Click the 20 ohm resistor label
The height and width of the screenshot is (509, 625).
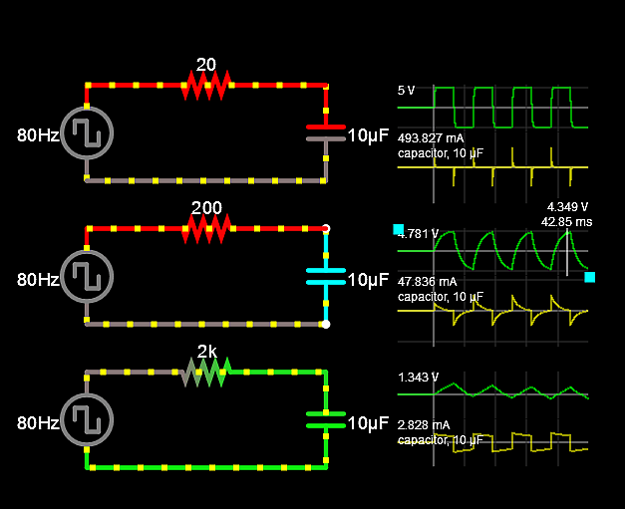pyautogui.click(x=206, y=65)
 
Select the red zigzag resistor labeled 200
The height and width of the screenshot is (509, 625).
pyautogui.click(x=206, y=229)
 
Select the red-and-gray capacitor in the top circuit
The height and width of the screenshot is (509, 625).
pyautogui.click(x=326, y=132)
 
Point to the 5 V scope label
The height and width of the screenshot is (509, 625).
pyautogui.click(x=407, y=91)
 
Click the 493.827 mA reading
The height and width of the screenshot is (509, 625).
pyautogui.click(x=431, y=137)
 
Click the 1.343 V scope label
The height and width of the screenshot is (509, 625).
pyautogui.click(x=419, y=378)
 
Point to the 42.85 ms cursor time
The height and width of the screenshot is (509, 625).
pyautogui.click(x=565, y=221)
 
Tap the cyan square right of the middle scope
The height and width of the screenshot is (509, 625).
pyautogui.click(x=589, y=277)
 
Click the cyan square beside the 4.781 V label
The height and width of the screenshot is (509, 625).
pyautogui.click(x=399, y=229)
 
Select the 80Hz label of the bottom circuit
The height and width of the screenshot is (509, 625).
pyautogui.click(x=38, y=422)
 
